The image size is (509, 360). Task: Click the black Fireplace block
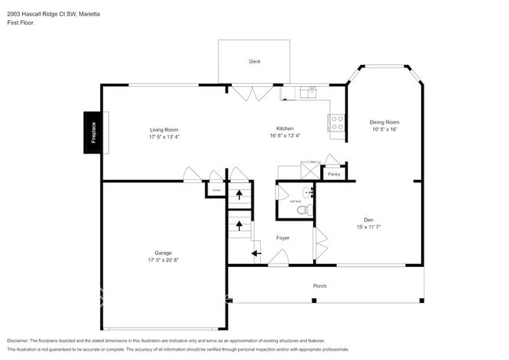click(x=92, y=132)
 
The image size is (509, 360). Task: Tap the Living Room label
click(x=164, y=129)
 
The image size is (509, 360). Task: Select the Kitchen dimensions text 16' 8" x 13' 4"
click(x=284, y=135)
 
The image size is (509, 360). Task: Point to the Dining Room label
click(x=384, y=122)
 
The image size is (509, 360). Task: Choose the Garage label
click(x=163, y=253)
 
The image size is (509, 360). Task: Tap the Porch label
click(x=319, y=286)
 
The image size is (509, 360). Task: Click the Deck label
click(x=254, y=61)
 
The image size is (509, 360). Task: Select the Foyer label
click(x=283, y=237)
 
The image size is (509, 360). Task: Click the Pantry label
click(x=334, y=174)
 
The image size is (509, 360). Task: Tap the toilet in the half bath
click(x=306, y=210)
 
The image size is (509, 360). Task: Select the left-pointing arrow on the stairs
click(x=255, y=253)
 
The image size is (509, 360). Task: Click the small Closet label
click(x=215, y=189)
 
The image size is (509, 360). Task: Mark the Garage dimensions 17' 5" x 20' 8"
click(x=163, y=259)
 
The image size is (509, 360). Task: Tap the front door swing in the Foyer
click(x=278, y=257)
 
